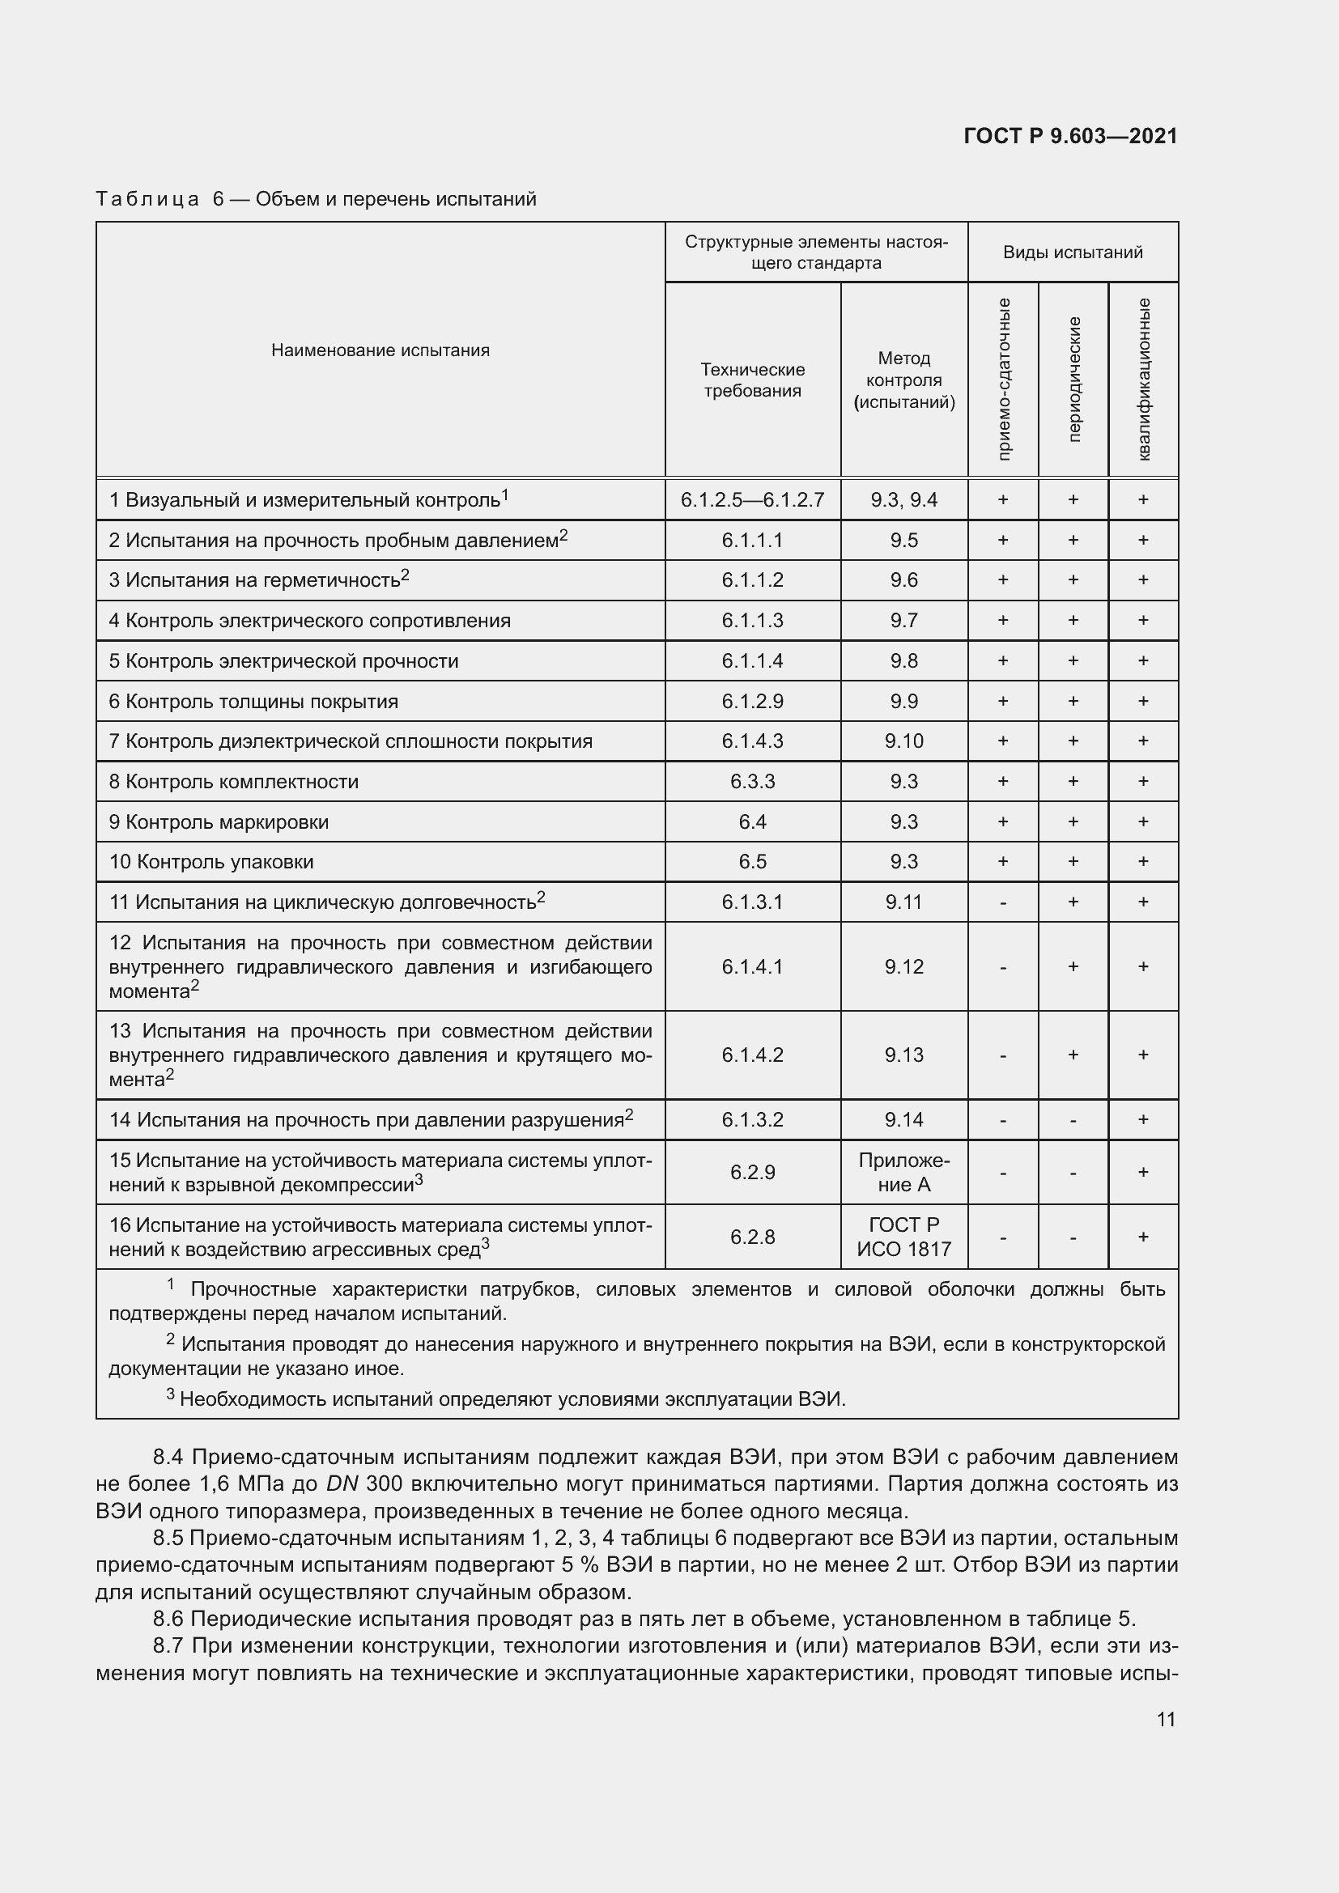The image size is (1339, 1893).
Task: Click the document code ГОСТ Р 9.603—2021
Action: [x=1069, y=136]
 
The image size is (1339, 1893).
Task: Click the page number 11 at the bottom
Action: [x=1165, y=1719]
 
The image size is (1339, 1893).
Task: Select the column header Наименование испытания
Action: [x=380, y=350]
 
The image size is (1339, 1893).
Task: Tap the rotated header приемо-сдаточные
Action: [x=1003, y=379]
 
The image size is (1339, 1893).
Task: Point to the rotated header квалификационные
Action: [x=1144, y=379]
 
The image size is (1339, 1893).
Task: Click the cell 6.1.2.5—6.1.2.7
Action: [x=752, y=499]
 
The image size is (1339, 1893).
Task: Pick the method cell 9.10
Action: [x=903, y=741]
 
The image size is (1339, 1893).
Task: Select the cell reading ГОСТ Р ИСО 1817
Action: [x=903, y=1237]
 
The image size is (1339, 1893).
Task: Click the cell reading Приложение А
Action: [x=903, y=1173]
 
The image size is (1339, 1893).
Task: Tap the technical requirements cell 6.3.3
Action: [x=752, y=782]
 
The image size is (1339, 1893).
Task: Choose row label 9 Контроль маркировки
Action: [x=219, y=822]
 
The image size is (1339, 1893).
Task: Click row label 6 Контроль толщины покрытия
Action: [x=253, y=702]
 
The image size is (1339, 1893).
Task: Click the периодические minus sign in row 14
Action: [x=1073, y=1120]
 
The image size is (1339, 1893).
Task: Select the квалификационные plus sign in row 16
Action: [x=1143, y=1237]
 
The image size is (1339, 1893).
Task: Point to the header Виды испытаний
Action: [x=1073, y=253]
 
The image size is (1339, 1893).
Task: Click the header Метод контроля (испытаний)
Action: [x=903, y=380]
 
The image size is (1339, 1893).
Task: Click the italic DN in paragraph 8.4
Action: [x=342, y=1484]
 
